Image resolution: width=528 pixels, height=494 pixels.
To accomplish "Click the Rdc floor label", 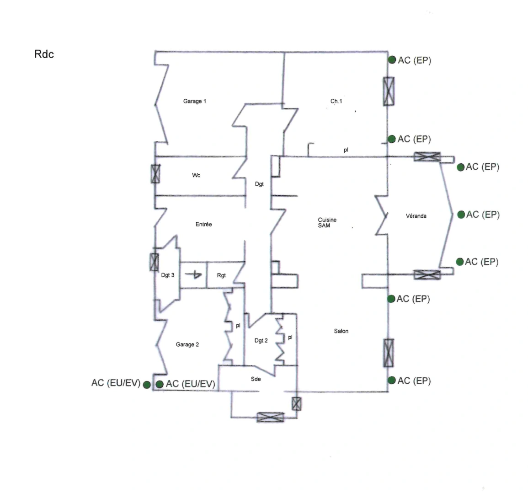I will pyautogui.click(x=44, y=54).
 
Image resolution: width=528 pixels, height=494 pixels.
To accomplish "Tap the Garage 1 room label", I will pyautogui.click(x=194, y=101).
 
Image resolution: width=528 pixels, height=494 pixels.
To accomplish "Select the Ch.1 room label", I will pyautogui.click(x=336, y=101).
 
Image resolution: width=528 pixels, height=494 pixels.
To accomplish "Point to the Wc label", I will pyautogui.click(x=196, y=175).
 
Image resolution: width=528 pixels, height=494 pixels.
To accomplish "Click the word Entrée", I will pyautogui.click(x=203, y=224).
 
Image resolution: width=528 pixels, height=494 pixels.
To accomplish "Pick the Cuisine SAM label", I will pyautogui.click(x=327, y=223).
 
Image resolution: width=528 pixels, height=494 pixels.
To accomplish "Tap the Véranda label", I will pyautogui.click(x=416, y=215).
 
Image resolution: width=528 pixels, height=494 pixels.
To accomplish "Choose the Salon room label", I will pyautogui.click(x=341, y=331).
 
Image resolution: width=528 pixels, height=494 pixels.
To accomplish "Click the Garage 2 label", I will pyautogui.click(x=187, y=344).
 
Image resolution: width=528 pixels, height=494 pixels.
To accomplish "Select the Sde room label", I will pyautogui.click(x=256, y=379).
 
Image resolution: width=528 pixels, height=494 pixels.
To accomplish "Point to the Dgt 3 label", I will pyautogui.click(x=168, y=275).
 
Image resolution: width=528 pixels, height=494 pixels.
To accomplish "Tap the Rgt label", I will pyautogui.click(x=221, y=275).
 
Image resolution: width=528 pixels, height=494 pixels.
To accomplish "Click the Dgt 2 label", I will pyautogui.click(x=261, y=341).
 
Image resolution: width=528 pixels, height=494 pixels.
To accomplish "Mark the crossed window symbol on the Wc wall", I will pyautogui.click(x=156, y=174).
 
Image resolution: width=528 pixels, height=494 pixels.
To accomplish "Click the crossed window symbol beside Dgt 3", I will pyautogui.click(x=154, y=262).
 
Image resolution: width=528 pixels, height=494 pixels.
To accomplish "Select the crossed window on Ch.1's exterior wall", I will pyautogui.click(x=389, y=91).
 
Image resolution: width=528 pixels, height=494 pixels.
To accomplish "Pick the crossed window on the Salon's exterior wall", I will pyautogui.click(x=389, y=353).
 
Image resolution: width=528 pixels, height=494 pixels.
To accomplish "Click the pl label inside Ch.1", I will pyautogui.click(x=346, y=150).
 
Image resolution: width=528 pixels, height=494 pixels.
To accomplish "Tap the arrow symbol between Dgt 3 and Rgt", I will pyautogui.click(x=195, y=274).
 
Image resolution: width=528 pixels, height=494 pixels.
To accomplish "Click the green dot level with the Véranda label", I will pyautogui.click(x=461, y=215).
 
